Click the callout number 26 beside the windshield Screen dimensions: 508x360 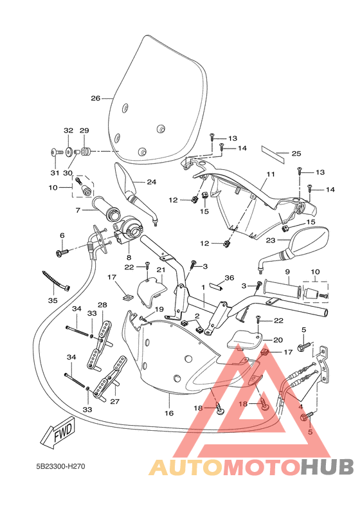[95, 98]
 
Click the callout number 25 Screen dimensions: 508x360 [296, 153]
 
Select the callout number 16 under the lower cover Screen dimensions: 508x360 [169, 413]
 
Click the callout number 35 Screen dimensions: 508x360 [53, 300]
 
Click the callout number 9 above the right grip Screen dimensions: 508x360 [288, 272]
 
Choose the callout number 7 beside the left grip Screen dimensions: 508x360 [78, 210]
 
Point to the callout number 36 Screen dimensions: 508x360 [229, 278]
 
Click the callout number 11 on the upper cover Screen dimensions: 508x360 [271, 174]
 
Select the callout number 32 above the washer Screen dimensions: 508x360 [68, 131]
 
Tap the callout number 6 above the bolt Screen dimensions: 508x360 [62, 235]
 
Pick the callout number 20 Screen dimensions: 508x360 [278, 340]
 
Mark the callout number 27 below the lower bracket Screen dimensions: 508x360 [115, 401]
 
